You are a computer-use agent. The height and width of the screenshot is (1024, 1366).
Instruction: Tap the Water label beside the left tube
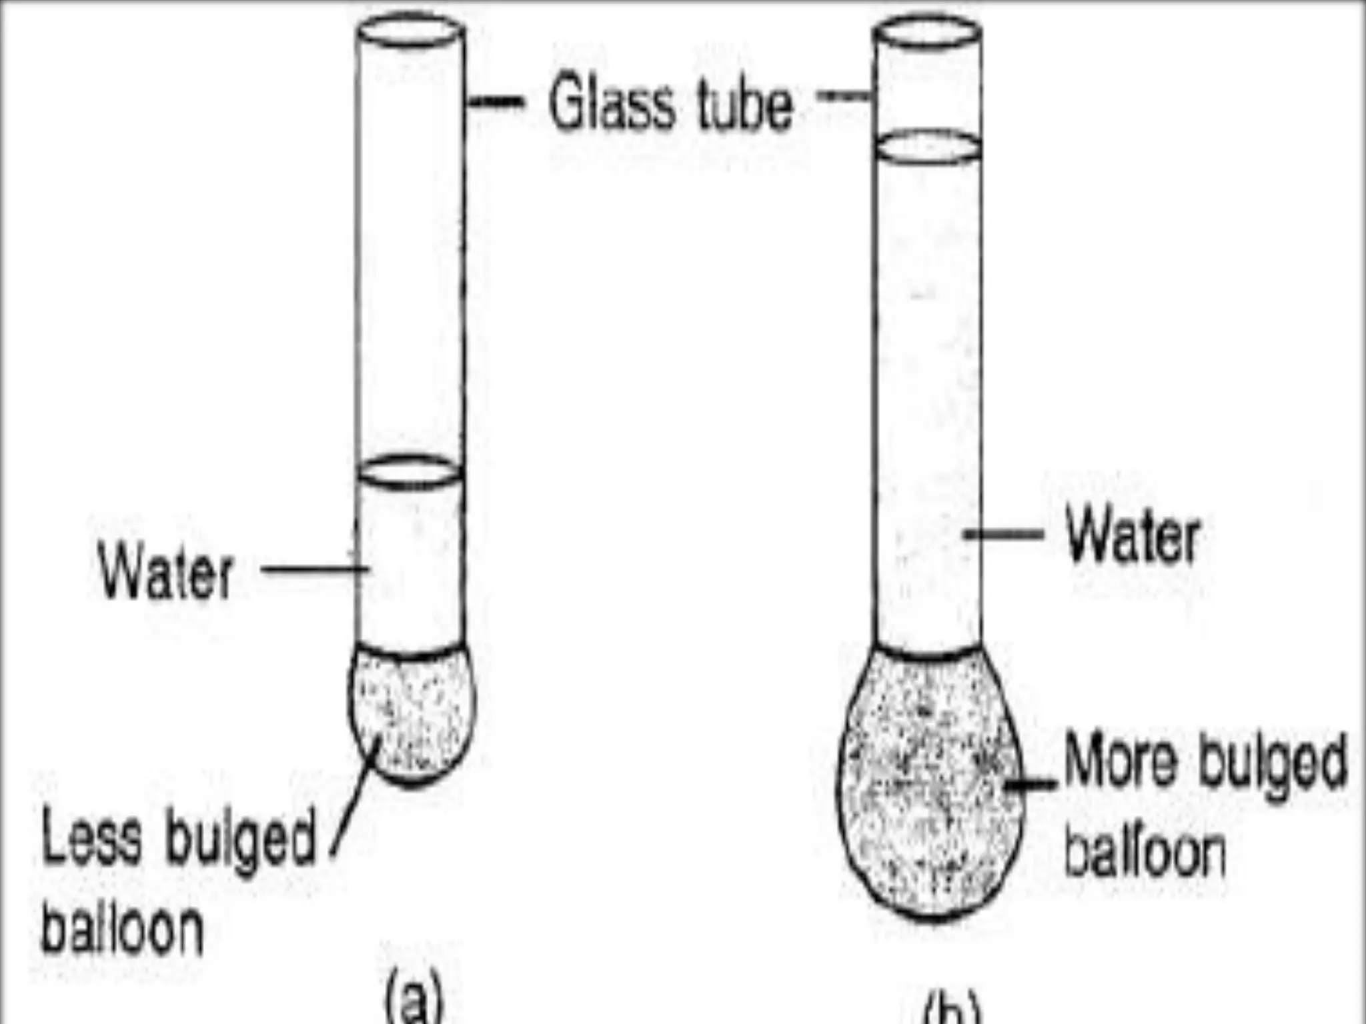coord(166,573)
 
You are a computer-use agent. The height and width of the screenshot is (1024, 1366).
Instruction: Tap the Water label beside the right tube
coord(1133,537)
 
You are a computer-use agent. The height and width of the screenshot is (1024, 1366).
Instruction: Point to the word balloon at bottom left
coord(123,928)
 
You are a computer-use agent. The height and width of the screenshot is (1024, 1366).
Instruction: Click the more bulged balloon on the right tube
coord(930,787)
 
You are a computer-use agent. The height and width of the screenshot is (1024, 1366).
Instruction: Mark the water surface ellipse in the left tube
coord(410,471)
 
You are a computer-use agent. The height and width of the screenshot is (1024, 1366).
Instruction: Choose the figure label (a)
coord(414,1000)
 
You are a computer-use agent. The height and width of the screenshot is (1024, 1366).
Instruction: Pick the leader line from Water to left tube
coord(313,569)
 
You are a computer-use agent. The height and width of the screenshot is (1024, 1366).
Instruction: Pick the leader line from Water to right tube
coord(1004,534)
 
